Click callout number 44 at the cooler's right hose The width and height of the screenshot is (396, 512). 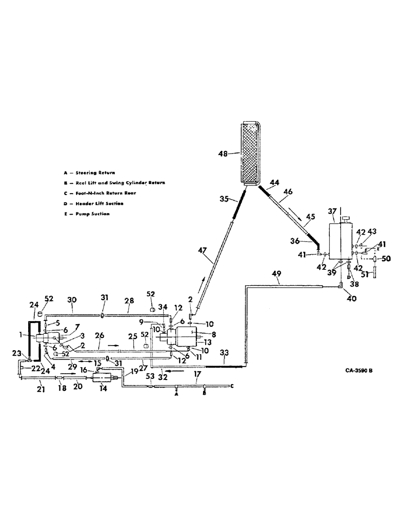point(274,183)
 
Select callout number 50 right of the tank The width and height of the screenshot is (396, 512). point(386,259)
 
